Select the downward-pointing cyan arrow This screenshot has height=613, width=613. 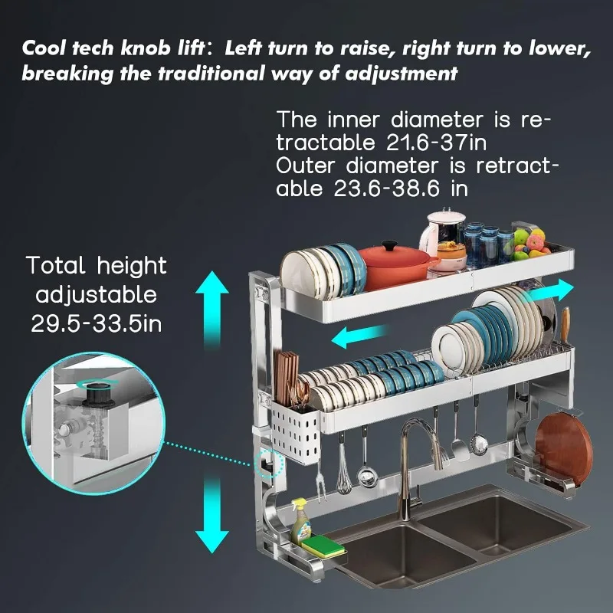pyautogui.click(x=212, y=511)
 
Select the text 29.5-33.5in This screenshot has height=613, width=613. pyautogui.click(x=97, y=323)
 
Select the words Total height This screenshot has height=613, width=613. pyautogui.click(x=97, y=266)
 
